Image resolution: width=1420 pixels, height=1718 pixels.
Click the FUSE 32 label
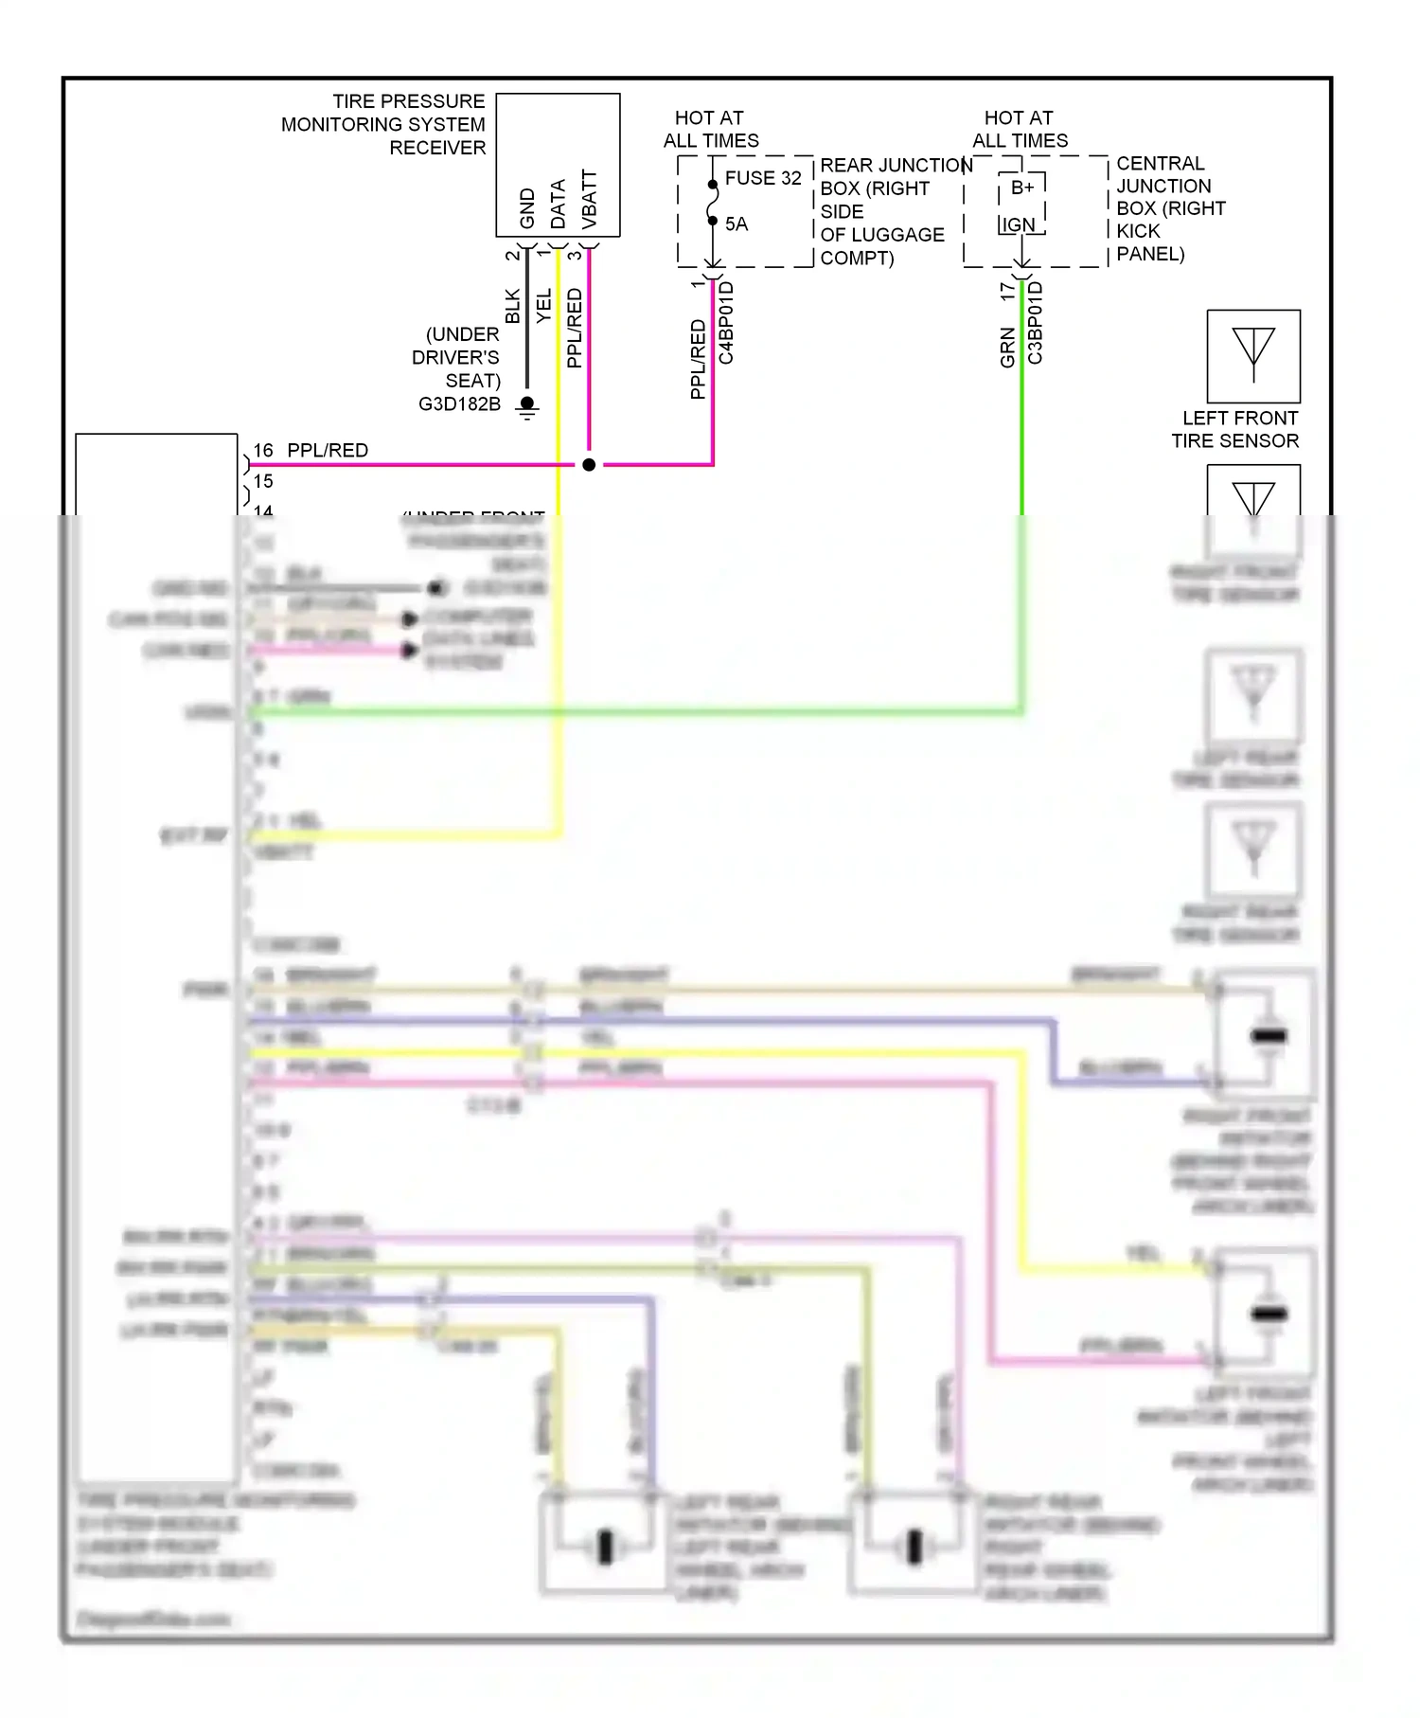(763, 178)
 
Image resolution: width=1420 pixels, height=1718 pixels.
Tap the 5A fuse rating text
(737, 224)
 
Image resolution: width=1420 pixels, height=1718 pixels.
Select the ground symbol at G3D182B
(528, 407)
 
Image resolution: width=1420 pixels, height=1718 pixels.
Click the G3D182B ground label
(459, 404)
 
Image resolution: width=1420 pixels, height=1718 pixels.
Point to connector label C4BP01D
(727, 323)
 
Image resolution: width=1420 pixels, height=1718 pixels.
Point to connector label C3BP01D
(1036, 323)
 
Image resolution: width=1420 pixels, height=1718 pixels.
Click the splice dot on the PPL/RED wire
(589, 465)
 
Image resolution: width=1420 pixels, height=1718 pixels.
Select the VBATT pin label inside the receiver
(590, 199)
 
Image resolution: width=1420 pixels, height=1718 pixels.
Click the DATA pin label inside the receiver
(559, 204)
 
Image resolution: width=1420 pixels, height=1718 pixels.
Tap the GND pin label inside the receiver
(527, 208)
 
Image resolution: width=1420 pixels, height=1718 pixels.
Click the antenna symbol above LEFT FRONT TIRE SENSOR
(1253, 356)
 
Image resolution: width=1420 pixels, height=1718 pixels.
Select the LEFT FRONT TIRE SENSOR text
(1235, 429)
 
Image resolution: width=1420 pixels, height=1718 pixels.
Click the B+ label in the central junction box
(1022, 188)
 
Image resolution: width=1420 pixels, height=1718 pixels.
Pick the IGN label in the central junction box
(1019, 224)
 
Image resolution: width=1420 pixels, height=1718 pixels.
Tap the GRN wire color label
(1007, 348)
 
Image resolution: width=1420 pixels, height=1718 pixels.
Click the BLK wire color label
(512, 306)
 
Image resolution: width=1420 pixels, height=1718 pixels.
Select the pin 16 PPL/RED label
(311, 451)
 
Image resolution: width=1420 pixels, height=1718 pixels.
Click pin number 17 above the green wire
(1007, 292)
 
